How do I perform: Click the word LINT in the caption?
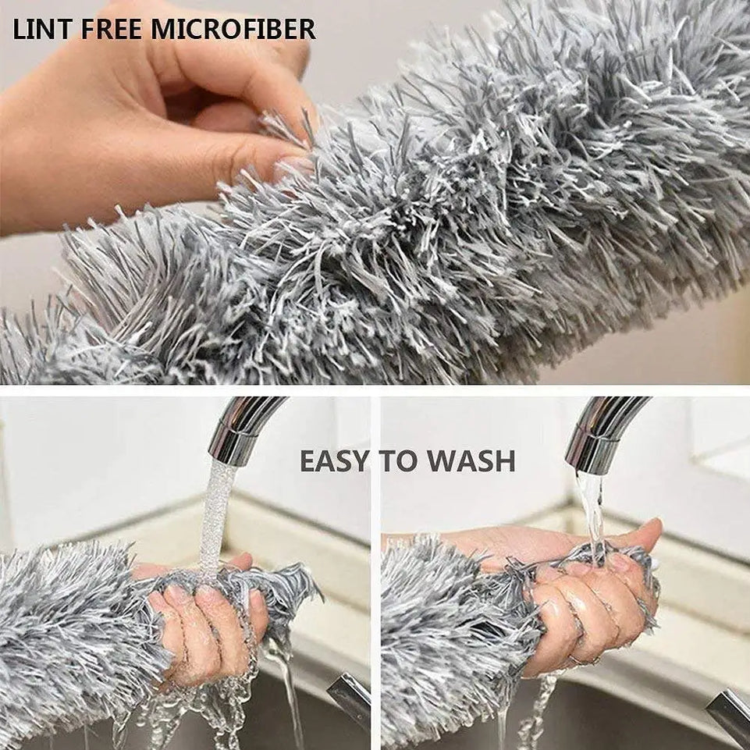click(x=38, y=29)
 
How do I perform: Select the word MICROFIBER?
click(x=233, y=29)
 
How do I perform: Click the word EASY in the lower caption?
click(x=334, y=461)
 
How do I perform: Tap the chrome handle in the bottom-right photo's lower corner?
click(x=730, y=714)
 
